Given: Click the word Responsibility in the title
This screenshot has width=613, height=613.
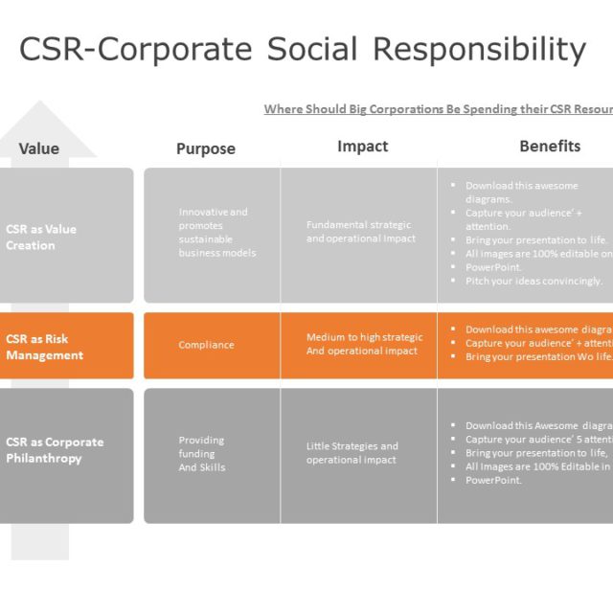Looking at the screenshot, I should (x=478, y=49).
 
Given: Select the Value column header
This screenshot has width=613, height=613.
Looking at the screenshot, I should (x=39, y=148).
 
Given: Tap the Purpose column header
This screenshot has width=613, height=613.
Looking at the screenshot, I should (x=206, y=148).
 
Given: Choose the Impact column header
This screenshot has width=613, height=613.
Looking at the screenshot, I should (x=363, y=147).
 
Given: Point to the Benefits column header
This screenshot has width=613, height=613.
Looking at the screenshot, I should (x=550, y=147).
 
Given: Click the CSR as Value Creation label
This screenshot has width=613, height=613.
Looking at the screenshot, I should (x=41, y=237).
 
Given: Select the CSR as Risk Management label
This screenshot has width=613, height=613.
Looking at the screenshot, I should (x=44, y=347).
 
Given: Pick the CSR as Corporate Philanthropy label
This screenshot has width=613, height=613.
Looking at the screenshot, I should (x=55, y=450).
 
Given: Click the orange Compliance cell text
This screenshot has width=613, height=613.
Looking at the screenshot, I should (x=206, y=345).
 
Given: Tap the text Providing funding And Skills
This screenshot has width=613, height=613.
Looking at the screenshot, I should (x=201, y=454).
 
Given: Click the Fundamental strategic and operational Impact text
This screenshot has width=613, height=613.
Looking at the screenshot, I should (x=361, y=232).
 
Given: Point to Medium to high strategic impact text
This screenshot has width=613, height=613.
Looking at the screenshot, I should (x=364, y=344).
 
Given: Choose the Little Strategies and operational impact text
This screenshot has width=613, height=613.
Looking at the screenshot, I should (x=352, y=453).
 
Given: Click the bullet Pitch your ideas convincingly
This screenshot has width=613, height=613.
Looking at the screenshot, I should (x=534, y=282).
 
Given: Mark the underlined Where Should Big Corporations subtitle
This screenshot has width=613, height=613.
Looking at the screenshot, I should (x=438, y=109).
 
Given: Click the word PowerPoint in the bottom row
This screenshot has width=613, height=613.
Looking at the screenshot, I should (x=493, y=480).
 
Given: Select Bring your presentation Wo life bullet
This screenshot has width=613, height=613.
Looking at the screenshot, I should (x=538, y=356).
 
